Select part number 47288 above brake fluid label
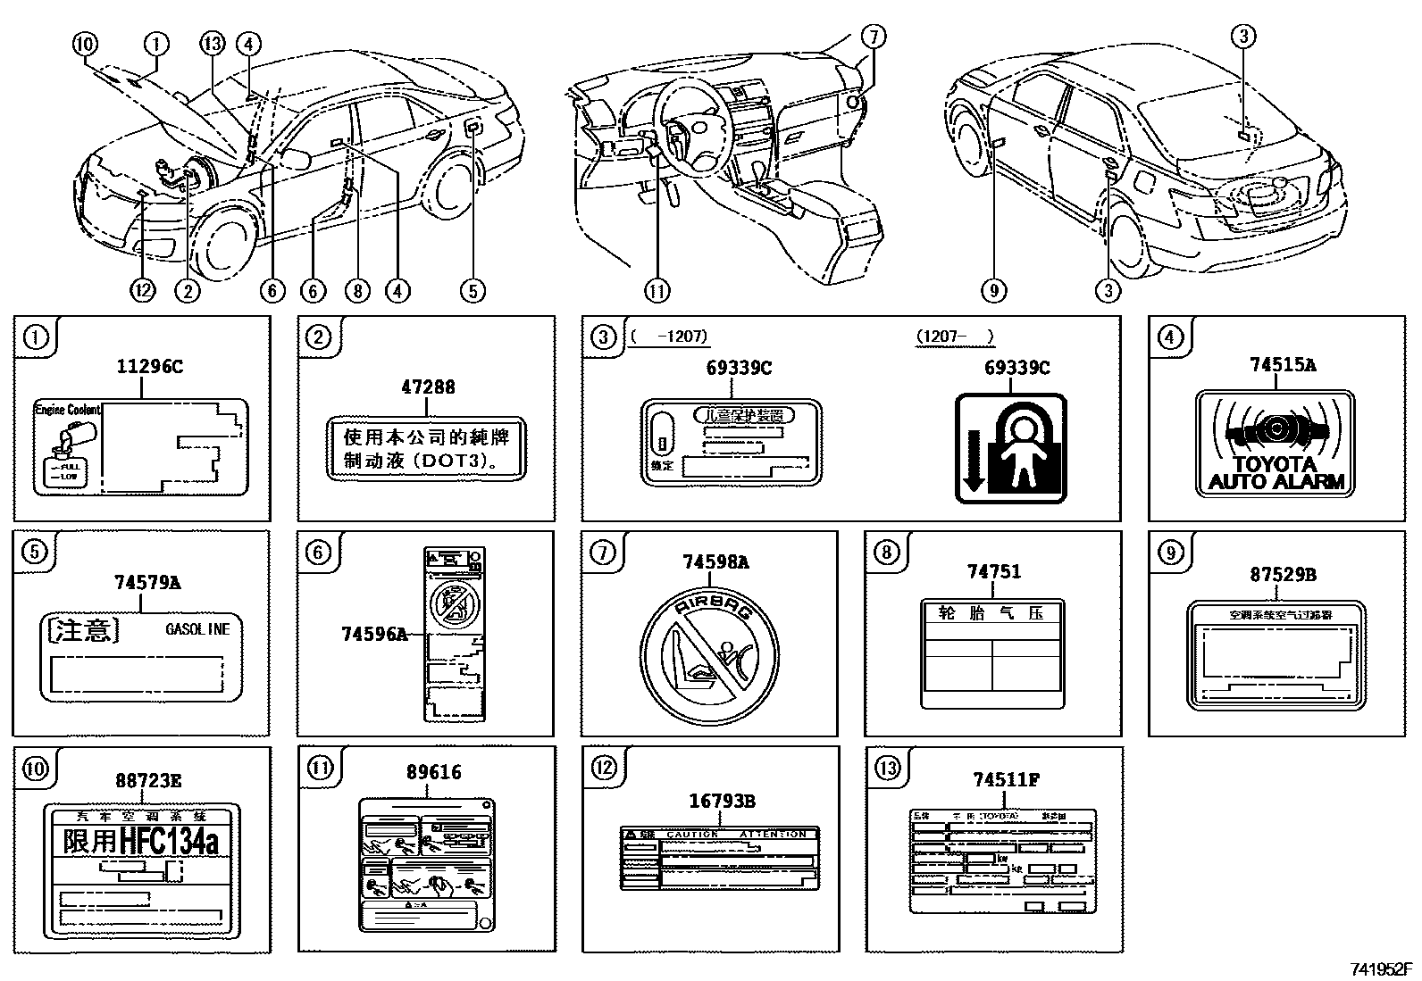tap(428, 387)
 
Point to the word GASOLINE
tap(197, 629)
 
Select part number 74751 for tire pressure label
tap(992, 571)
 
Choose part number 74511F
tap(1005, 780)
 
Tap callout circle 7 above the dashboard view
tap(874, 37)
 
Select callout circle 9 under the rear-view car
tap(993, 290)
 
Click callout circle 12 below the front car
tap(143, 290)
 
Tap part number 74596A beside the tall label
tap(373, 634)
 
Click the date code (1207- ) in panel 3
tap(954, 337)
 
